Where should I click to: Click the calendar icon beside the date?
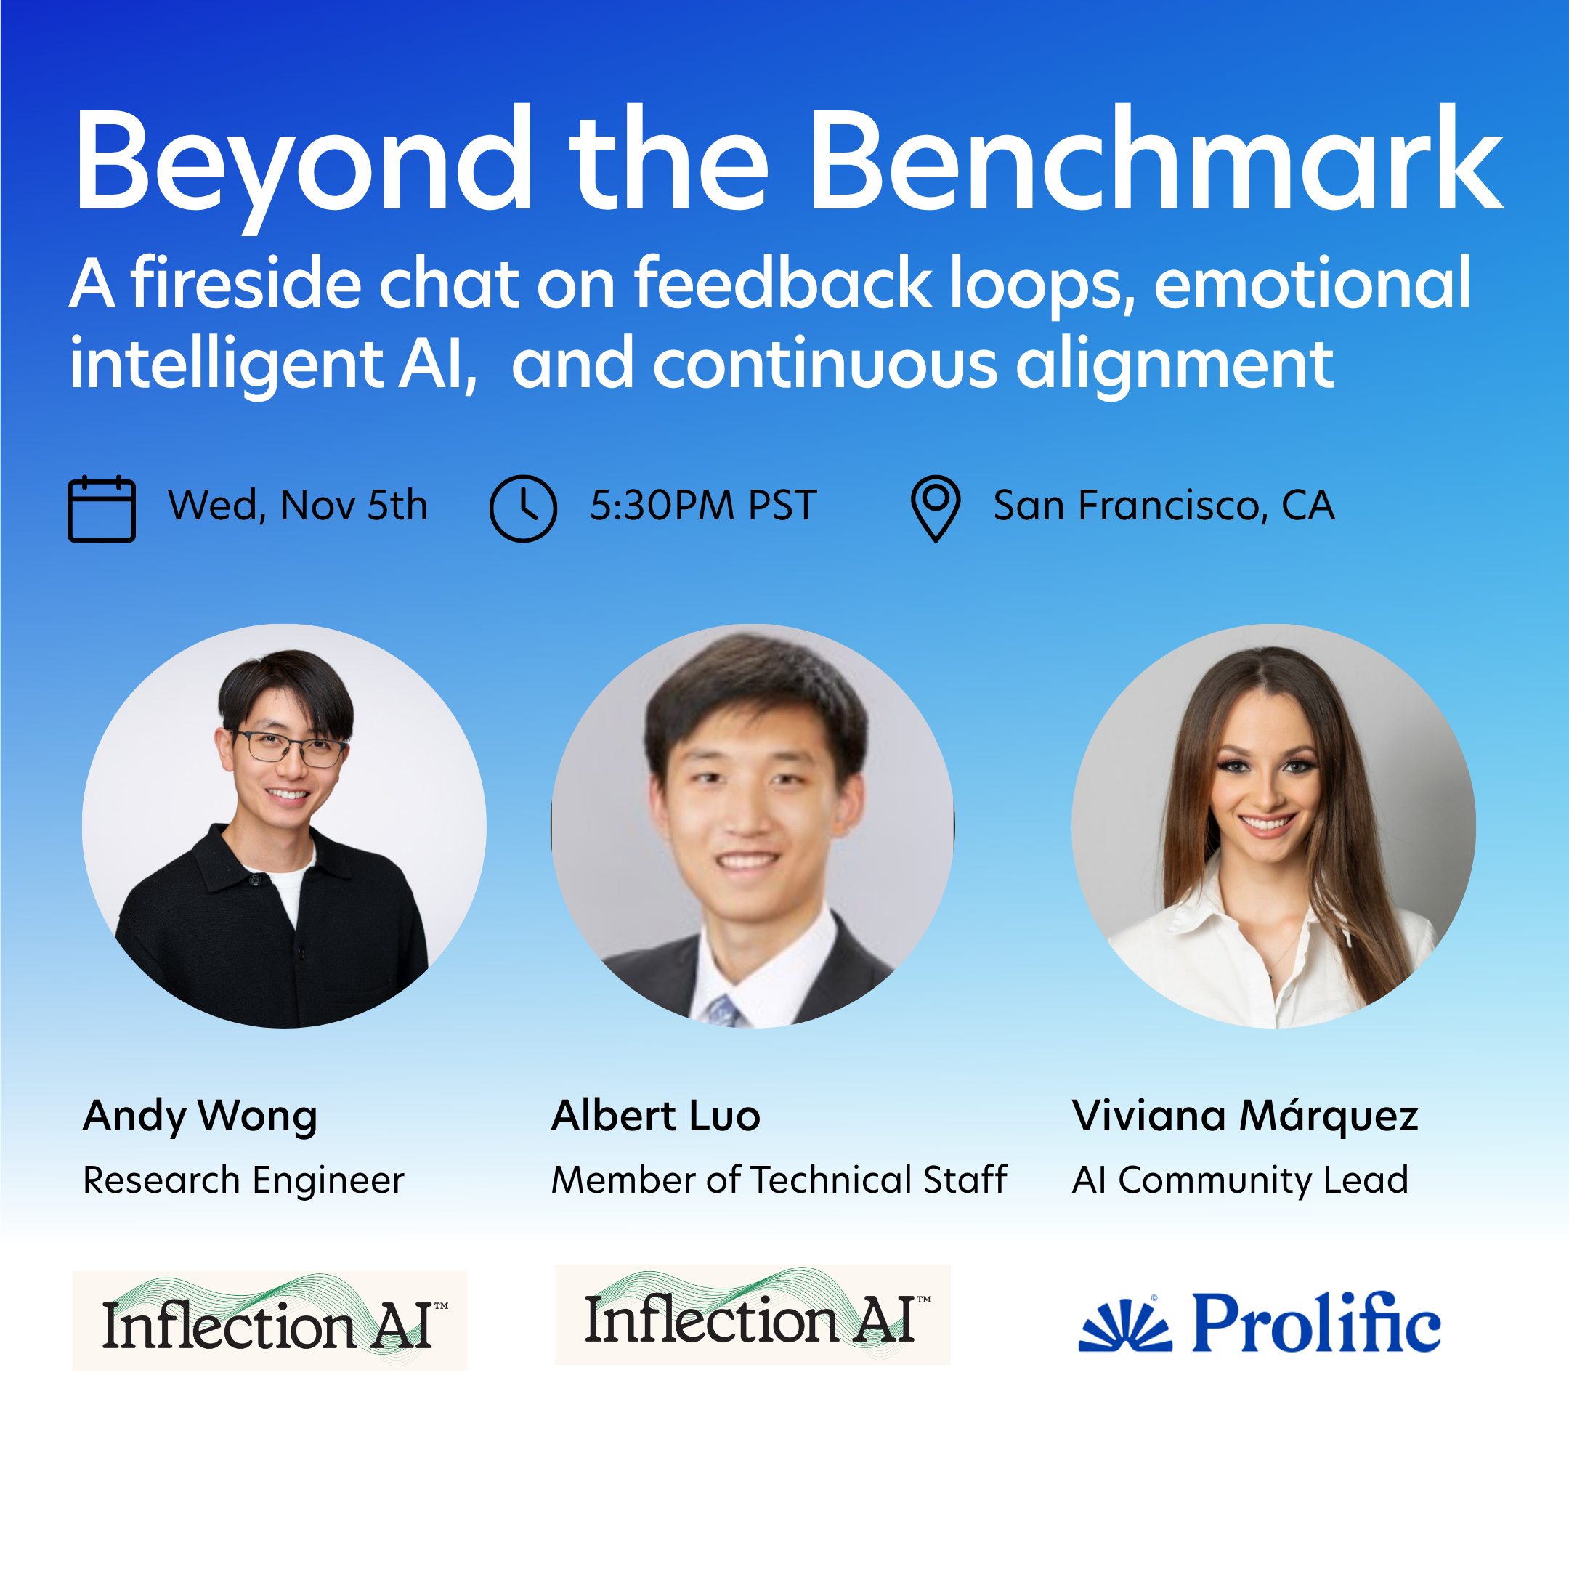(x=102, y=508)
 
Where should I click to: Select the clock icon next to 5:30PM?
(x=523, y=508)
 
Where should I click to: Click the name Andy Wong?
(x=200, y=1117)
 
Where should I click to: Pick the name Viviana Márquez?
(x=1245, y=1116)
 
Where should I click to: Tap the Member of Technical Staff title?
(x=779, y=1180)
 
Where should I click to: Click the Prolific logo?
(x=1260, y=1322)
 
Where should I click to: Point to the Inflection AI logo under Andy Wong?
(x=269, y=1321)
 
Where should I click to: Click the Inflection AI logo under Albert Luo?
(x=752, y=1315)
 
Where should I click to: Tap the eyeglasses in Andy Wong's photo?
(x=291, y=748)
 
